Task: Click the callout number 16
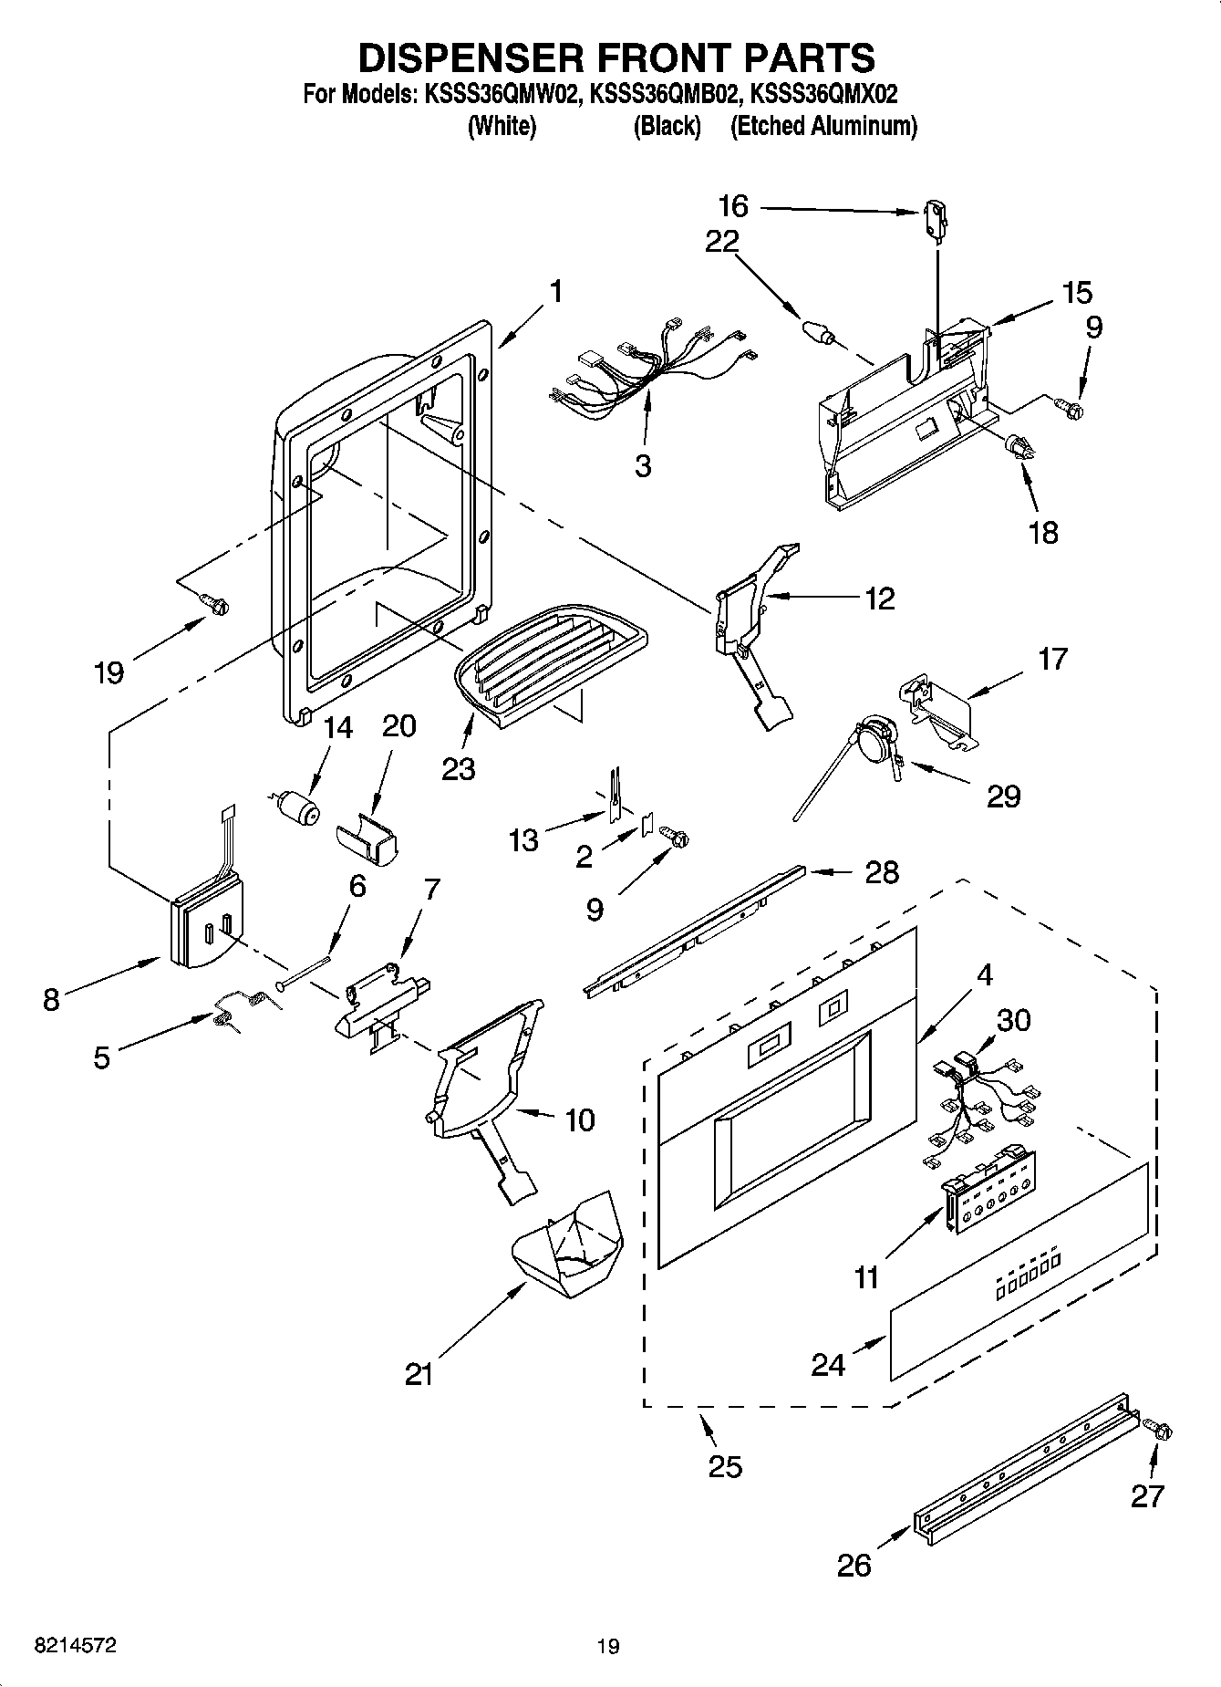coord(732,206)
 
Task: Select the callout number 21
coord(419,1374)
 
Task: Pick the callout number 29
coord(1003,796)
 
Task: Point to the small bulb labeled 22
coord(816,330)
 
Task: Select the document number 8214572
coord(75,1645)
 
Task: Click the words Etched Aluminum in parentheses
coord(823,127)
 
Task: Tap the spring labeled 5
coord(239,1006)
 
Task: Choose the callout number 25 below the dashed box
coord(725,1466)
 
